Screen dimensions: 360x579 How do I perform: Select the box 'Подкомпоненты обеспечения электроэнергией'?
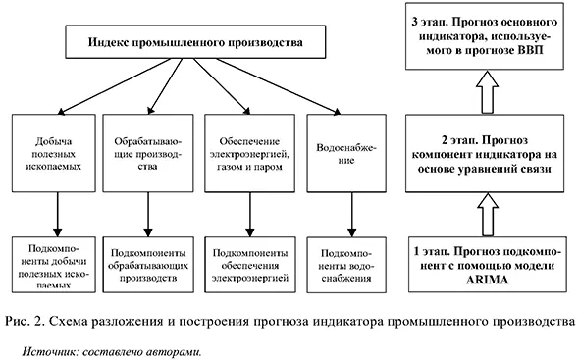coord(245,261)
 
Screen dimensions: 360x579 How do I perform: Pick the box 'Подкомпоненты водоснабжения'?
coord(338,261)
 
